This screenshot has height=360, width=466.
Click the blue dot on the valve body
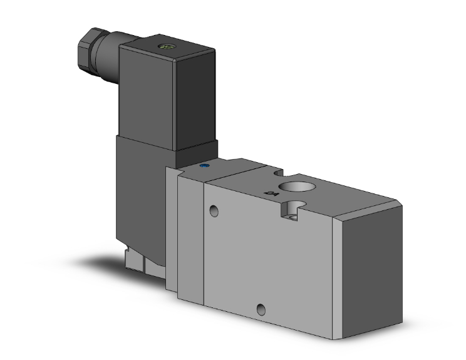[204, 167]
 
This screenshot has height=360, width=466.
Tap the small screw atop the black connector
[167, 46]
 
